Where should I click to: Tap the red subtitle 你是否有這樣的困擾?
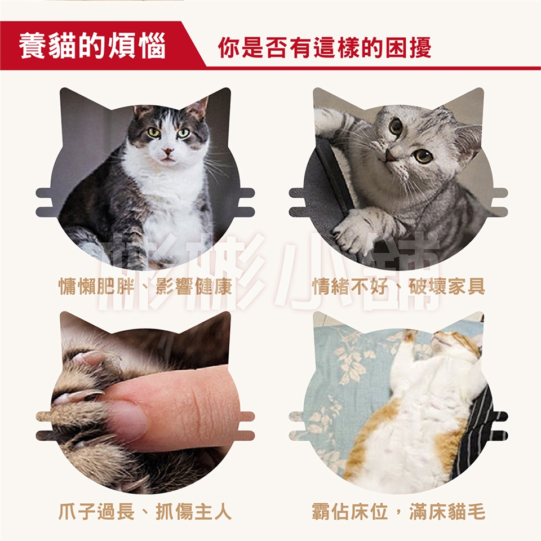pyautogui.click(x=325, y=47)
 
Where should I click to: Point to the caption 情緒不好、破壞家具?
pyautogui.click(x=398, y=286)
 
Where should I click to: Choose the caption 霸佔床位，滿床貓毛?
pyautogui.click(x=398, y=511)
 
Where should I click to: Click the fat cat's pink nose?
pyautogui.click(x=168, y=151)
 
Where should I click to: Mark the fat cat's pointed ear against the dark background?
pyautogui.click(x=200, y=108)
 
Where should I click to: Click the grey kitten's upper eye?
pyautogui.click(x=396, y=127)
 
